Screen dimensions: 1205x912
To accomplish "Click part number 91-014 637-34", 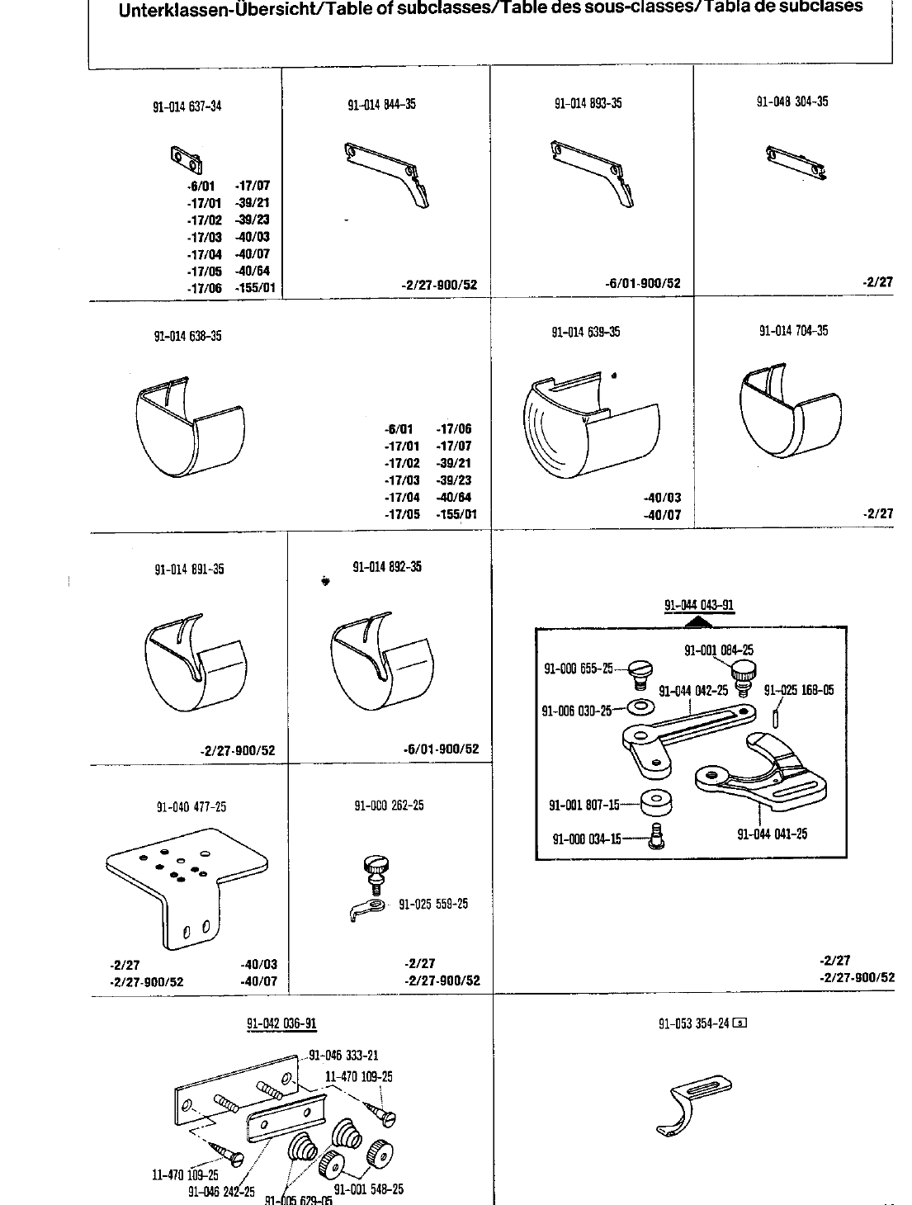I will point(187,106).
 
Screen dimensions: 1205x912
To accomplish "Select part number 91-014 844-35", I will point(382,105).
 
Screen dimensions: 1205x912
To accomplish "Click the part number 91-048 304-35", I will point(792,102).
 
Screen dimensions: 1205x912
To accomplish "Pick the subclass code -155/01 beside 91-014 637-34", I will point(257,288).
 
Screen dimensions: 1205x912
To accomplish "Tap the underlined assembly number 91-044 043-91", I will point(699,605).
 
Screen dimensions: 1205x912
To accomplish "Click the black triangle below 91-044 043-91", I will point(698,621).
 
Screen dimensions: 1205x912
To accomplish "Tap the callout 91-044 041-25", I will point(772,834).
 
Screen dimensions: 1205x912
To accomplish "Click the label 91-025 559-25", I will point(433,904).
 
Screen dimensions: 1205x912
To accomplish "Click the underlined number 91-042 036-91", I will point(281,1024).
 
